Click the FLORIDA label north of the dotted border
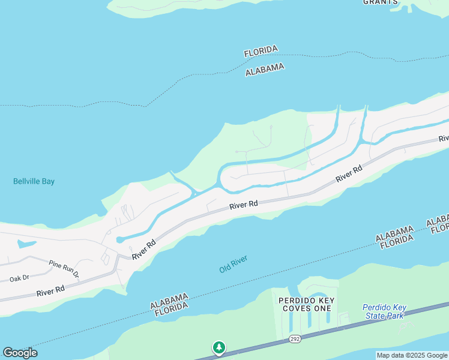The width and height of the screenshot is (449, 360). click(x=261, y=52)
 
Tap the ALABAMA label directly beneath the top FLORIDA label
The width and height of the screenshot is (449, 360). click(x=265, y=70)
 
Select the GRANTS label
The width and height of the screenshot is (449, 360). click(x=381, y=2)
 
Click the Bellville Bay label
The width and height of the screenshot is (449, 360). click(x=34, y=181)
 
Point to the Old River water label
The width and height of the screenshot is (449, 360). click(x=234, y=264)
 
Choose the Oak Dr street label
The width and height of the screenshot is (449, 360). click(x=19, y=278)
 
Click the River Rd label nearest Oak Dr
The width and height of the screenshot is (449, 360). click(x=50, y=292)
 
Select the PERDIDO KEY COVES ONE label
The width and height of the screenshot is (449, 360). click(x=305, y=304)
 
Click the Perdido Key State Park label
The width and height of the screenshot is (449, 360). click(x=384, y=311)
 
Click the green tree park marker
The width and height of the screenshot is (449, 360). click(x=219, y=348)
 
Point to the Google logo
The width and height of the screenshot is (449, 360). click(x=20, y=353)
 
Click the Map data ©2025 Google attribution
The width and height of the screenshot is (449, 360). click(x=412, y=355)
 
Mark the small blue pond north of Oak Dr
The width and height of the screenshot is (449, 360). click(x=26, y=244)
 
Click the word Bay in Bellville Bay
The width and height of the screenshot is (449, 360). click(x=48, y=181)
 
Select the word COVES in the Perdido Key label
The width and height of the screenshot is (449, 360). click(x=295, y=308)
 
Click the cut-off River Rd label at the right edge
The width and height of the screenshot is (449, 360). click(x=444, y=138)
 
